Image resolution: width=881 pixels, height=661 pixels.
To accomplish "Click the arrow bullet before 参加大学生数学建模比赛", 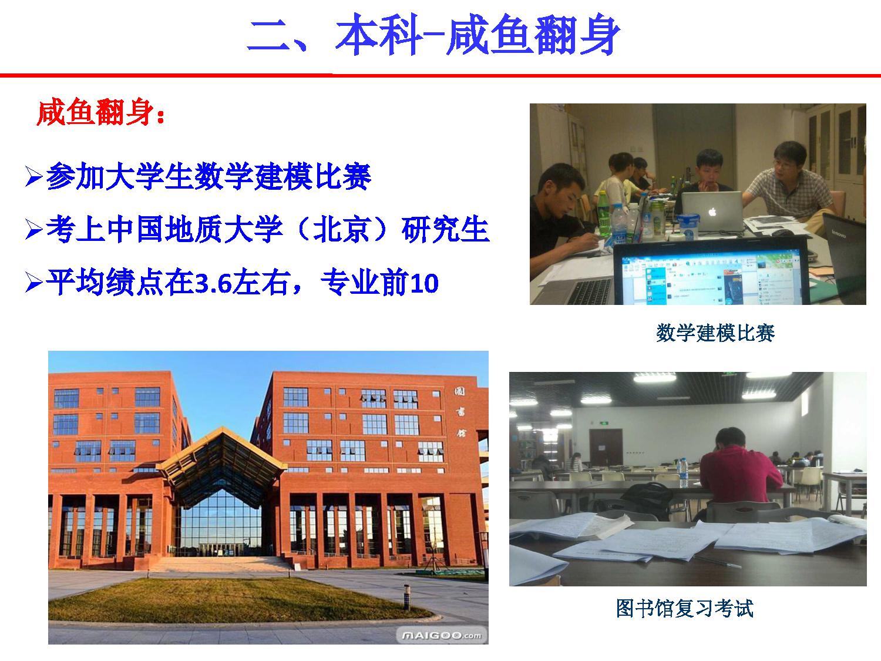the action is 33,176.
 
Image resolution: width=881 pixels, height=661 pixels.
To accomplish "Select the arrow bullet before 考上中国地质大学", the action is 33,229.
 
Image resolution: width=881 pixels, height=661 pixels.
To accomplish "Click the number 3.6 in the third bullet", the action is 213,283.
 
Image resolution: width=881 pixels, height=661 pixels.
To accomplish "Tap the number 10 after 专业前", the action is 424,283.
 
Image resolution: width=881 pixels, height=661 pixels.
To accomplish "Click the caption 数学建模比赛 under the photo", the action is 715,333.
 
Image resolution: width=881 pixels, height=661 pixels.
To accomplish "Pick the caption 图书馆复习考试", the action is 685,608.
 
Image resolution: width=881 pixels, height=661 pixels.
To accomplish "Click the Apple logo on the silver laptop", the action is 712,212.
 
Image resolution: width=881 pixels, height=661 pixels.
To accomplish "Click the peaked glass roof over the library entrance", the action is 222,458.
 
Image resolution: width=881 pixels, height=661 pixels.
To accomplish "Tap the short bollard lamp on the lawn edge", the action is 407,597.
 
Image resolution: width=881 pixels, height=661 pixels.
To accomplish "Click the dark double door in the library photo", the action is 606,448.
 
